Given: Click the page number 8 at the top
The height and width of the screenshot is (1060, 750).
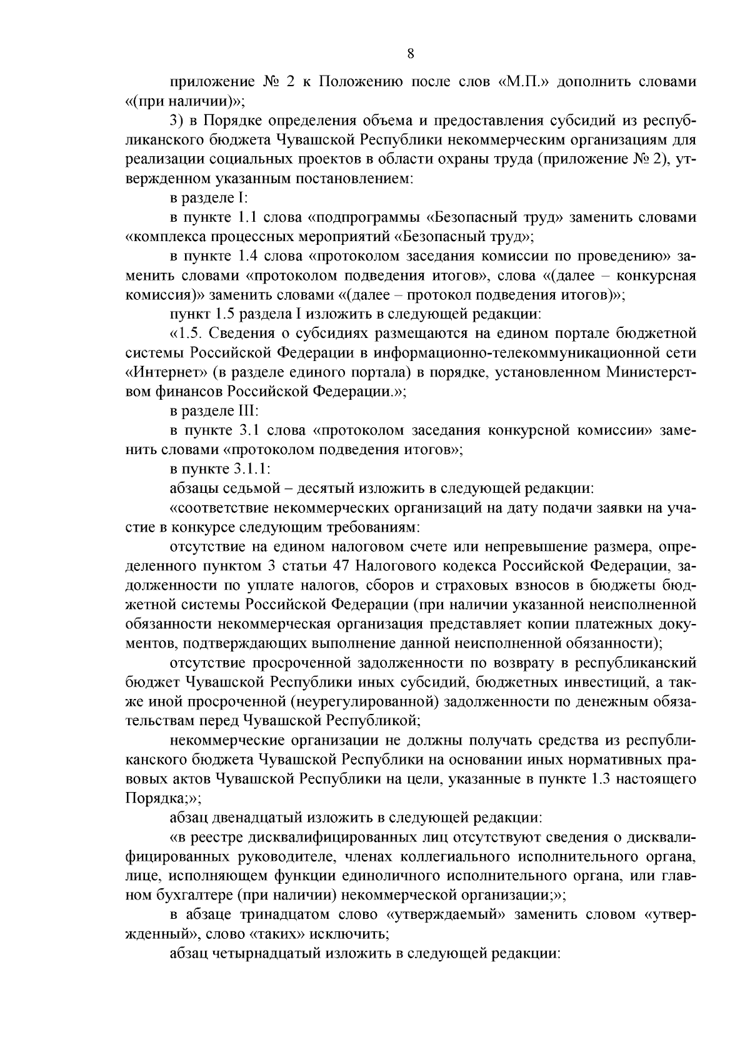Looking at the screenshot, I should coord(410,54).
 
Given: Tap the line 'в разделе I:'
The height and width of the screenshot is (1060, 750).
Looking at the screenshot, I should coord(209,199).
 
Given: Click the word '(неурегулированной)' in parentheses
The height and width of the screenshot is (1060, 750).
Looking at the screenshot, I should coord(364,701).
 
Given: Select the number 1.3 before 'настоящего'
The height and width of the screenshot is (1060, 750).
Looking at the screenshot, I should coord(599,779).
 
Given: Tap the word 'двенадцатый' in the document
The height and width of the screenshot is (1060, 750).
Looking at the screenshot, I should coord(249,818).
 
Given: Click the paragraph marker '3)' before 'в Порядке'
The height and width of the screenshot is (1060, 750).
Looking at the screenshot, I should coord(177,121).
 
